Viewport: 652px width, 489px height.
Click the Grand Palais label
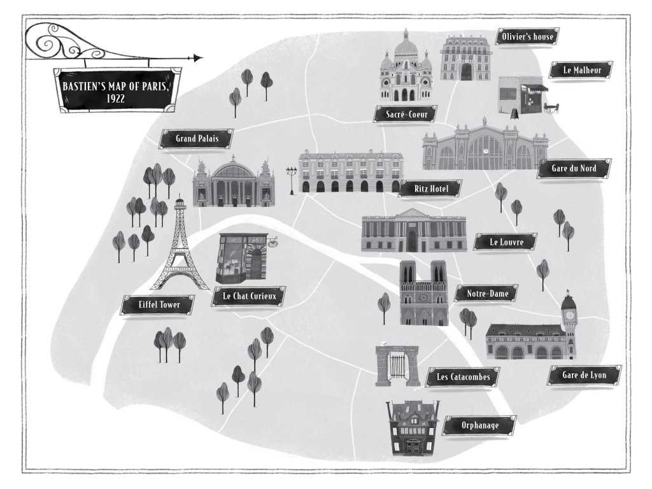point(196,138)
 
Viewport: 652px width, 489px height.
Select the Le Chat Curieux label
point(249,296)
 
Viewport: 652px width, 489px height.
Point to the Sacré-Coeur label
point(406,115)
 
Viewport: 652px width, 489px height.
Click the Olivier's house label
point(527,37)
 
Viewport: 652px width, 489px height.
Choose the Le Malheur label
point(579,71)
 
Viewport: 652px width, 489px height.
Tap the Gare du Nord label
point(575,169)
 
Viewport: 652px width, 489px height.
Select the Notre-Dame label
point(486,294)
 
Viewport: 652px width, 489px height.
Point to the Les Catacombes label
point(463,377)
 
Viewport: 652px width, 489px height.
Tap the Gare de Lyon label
point(584,376)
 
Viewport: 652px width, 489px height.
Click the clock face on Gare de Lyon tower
point(568,314)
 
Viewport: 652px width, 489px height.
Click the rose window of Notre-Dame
point(423,297)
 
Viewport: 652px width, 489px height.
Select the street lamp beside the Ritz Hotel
point(292,178)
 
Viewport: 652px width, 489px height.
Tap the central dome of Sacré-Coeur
point(406,48)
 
